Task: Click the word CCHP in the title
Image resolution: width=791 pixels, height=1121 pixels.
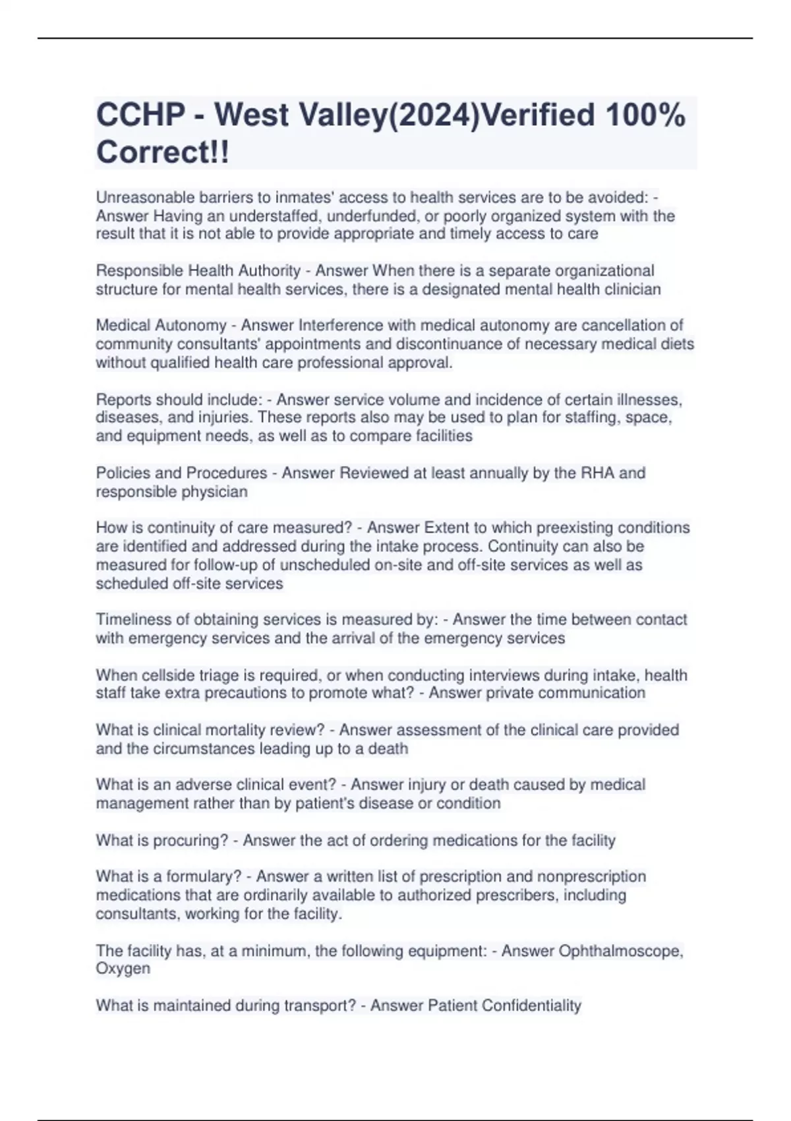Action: pos(140,115)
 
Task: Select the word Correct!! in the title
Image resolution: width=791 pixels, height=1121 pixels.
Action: pos(163,152)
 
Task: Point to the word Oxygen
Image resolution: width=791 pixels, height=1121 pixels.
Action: pos(123,969)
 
